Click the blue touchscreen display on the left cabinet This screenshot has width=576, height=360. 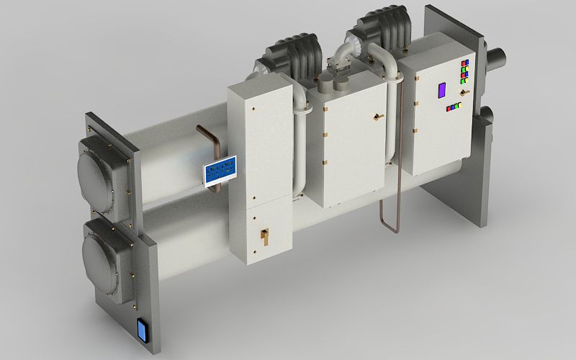coord(220,171)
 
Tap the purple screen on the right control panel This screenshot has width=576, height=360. coord(441,91)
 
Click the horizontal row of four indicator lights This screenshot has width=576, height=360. coord(454,107)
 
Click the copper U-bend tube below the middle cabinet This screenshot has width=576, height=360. coord(390,216)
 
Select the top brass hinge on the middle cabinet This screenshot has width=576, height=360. coord(326,109)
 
